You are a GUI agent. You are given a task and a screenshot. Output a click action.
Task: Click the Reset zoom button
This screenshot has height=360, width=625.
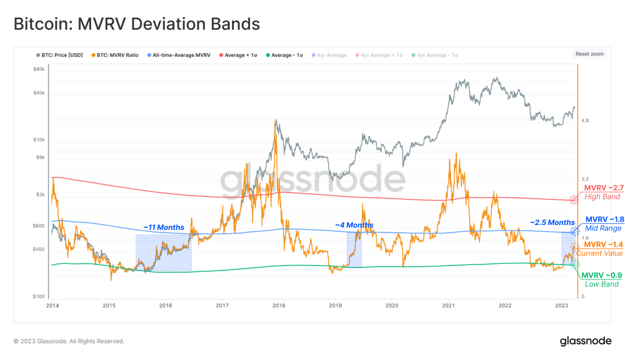coord(589,54)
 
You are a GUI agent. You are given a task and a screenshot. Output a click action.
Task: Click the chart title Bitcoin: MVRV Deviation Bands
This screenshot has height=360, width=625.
coord(137,24)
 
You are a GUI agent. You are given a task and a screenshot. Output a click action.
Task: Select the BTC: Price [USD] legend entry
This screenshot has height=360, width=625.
coord(59,55)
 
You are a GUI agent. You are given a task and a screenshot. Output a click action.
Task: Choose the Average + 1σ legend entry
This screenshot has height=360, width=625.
coord(238,55)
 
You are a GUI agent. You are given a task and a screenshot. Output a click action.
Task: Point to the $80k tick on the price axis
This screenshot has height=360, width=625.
coord(39,69)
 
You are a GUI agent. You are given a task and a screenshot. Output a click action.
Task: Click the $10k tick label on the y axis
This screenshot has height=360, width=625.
coord(39,140)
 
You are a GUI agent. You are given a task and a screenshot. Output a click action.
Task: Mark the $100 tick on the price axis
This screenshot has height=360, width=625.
coord(39,296)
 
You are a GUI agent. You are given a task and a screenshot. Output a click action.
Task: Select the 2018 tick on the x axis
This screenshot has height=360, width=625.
coord(279,306)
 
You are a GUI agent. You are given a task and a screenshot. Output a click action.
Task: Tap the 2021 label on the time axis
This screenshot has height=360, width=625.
coord(448,306)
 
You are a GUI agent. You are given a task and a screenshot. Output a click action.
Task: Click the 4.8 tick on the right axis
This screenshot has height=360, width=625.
coord(585,121)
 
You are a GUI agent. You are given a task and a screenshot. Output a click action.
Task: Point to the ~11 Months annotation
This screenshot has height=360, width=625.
coord(164,227)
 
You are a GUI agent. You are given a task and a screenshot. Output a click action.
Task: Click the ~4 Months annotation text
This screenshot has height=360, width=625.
coord(354,225)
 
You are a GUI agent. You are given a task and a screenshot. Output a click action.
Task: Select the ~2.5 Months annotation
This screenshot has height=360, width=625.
coord(552,222)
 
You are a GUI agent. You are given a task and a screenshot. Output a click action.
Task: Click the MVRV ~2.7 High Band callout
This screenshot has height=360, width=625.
coord(603,192)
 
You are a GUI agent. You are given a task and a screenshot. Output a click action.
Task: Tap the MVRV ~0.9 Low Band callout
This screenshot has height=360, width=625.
coord(601,279)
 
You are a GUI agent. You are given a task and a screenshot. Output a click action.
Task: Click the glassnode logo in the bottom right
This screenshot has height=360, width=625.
coord(585,341)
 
